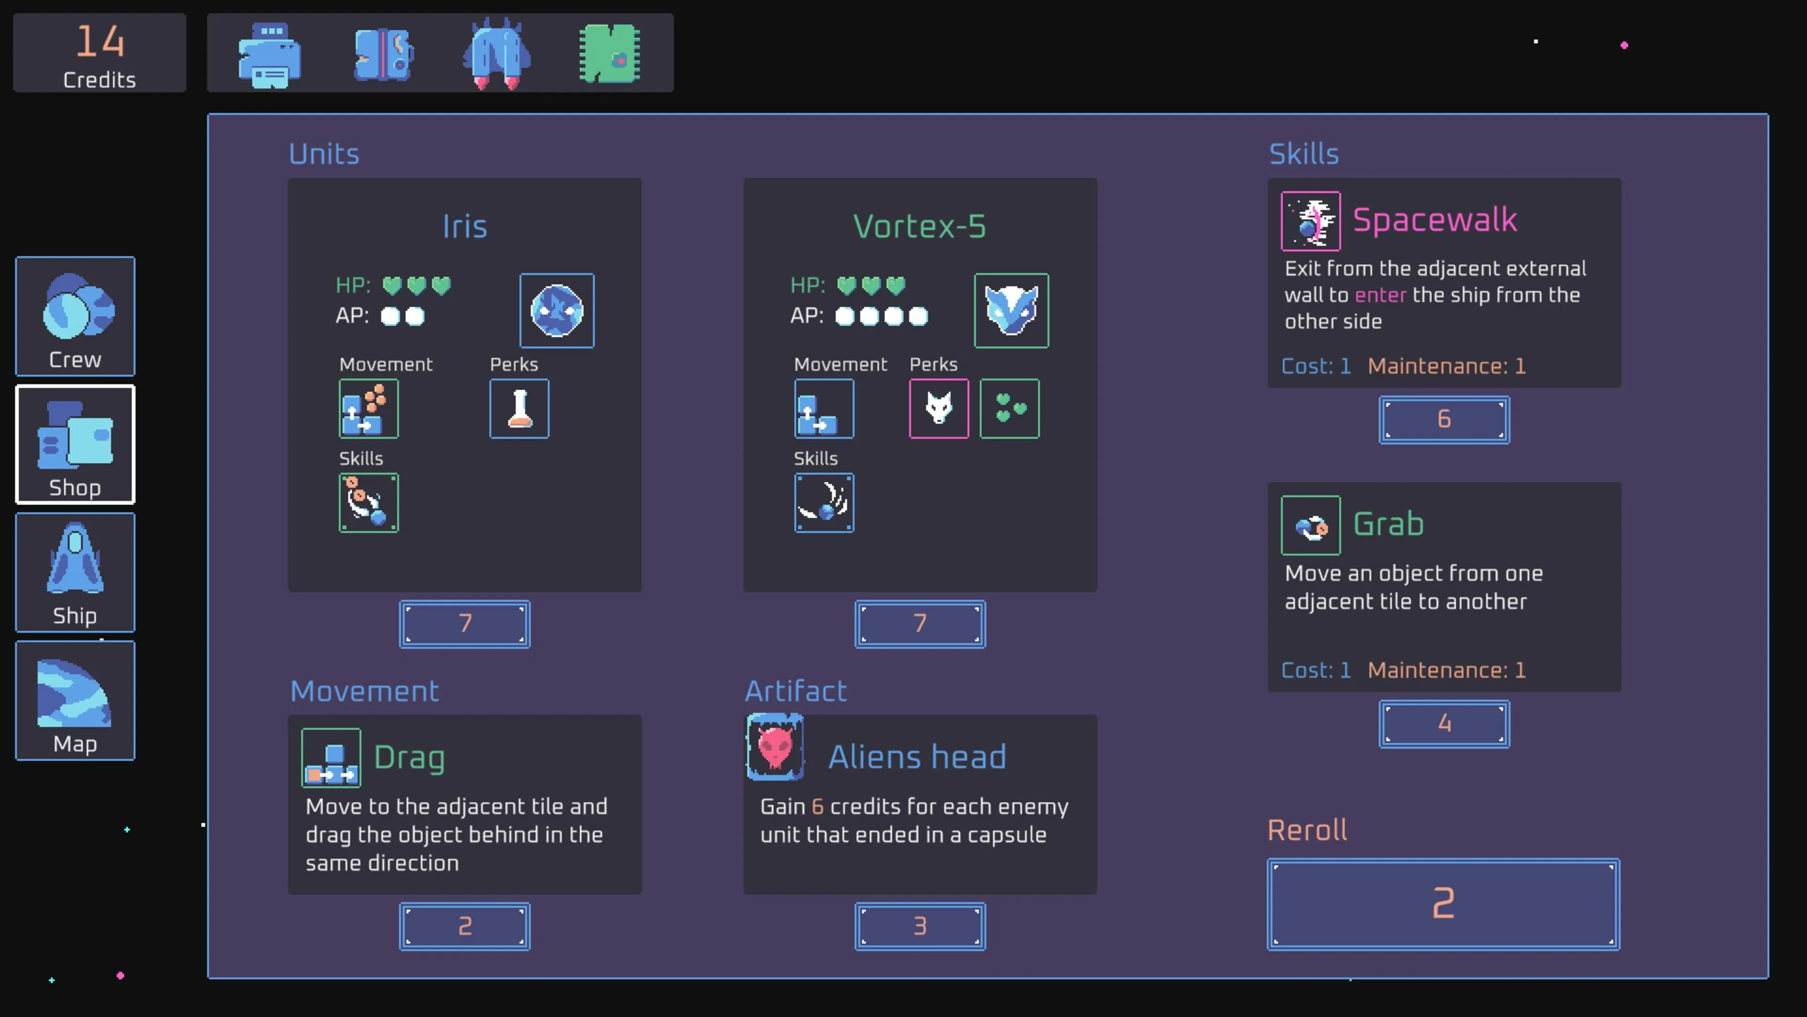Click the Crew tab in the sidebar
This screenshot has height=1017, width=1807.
(x=75, y=316)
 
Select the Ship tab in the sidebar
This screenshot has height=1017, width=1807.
(x=75, y=573)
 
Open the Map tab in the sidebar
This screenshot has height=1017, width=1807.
(x=75, y=701)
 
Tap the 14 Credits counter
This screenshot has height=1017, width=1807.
(x=100, y=53)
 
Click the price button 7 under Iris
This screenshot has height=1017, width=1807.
(x=464, y=623)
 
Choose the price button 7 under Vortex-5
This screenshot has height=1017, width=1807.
(x=919, y=623)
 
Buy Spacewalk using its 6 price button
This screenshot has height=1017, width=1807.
(x=1444, y=420)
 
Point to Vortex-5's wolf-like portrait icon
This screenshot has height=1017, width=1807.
(x=1011, y=310)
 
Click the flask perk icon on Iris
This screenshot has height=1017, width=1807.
(x=519, y=409)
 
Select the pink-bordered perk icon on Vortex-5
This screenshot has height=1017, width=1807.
(x=939, y=409)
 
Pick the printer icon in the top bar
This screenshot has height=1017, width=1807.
(x=269, y=55)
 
